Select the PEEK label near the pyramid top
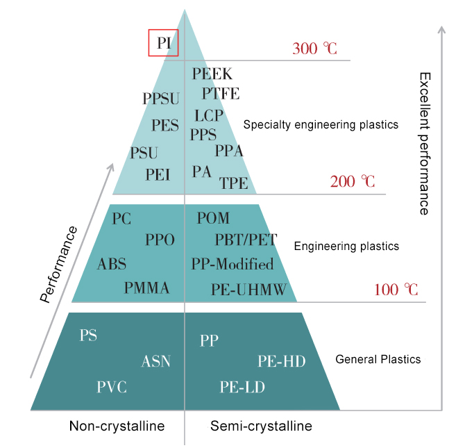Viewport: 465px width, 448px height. click(x=212, y=74)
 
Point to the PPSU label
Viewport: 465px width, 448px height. click(x=161, y=99)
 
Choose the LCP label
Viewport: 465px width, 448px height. click(x=209, y=116)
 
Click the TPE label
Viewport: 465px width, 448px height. click(x=234, y=183)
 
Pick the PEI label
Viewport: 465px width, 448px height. click(x=158, y=174)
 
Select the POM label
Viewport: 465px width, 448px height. click(x=213, y=218)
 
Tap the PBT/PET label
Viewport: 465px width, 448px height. click(x=246, y=240)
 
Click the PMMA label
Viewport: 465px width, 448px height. click(x=147, y=288)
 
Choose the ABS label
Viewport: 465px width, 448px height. click(x=112, y=264)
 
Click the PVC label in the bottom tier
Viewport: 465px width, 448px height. click(x=112, y=387)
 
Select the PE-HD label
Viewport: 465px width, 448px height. click(x=282, y=361)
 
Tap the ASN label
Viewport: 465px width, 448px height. click(x=156, y=361)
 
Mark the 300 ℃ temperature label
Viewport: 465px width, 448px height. click(x=315, y=49)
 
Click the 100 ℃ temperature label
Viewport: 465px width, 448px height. click(x=396, y=290)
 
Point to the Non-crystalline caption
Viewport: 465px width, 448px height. click(x=117, y=426)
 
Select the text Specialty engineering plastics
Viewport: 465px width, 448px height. click(x=321, y=125)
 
